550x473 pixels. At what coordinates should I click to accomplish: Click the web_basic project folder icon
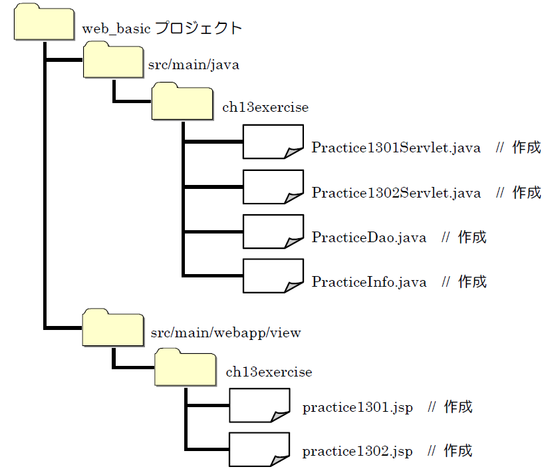point(43,24)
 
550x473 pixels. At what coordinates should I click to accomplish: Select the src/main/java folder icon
point(113,61)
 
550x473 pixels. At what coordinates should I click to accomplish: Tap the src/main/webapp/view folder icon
point(113,328)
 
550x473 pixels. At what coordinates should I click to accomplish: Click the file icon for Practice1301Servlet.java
point(273,142)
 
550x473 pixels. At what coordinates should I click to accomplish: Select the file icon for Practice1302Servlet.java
point(273,187)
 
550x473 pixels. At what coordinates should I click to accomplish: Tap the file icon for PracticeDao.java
point(273,232)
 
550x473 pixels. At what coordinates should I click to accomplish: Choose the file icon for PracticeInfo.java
point(273,275)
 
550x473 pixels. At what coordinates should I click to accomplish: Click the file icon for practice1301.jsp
point(259,404)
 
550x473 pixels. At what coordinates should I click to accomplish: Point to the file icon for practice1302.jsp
point(259,449)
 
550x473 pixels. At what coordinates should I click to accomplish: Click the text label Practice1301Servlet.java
point(396,148)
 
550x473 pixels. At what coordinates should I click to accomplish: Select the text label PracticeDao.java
point(369,237)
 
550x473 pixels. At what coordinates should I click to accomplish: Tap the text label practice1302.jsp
point(357,452)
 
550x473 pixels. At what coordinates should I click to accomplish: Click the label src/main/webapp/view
point(226,333)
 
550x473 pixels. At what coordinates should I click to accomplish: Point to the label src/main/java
point(194,65)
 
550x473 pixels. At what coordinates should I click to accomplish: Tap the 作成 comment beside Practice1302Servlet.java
point(527,193)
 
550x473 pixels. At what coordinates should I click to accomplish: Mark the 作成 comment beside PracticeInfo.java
point(472,282)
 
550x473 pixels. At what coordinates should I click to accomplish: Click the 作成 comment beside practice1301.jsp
point(458,406)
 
